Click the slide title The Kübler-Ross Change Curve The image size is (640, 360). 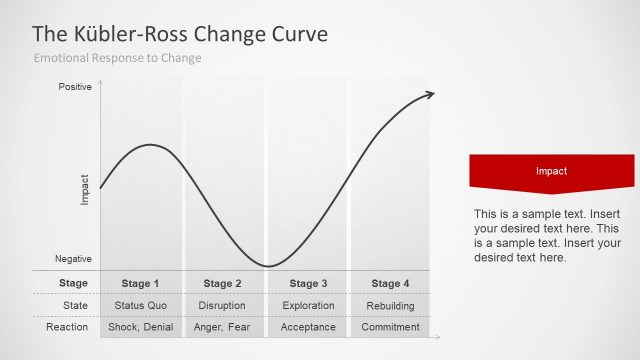tap(180, 33)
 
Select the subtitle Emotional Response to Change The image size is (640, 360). tap(118, 58)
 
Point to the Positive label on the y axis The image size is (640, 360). tap(75, 87)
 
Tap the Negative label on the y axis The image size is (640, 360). tap(74, 259)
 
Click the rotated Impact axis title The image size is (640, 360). tap(85, 191)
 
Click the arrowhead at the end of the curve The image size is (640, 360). tap(430, 94)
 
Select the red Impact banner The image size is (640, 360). tap(551, 172)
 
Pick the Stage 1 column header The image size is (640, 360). tap(141, 283)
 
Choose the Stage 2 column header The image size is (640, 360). tap(223, 283)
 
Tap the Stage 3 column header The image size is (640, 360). tap(307, 283)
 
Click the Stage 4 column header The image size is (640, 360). tap(390, 283)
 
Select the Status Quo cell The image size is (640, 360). tap(141, 305)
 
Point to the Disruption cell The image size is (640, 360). tap(223, 305)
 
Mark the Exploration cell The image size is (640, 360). tap(307, 305)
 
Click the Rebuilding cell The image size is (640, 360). tap(390, 305)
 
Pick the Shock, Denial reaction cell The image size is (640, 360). tap(141, 327)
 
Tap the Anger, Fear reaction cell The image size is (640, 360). tap(223, 327)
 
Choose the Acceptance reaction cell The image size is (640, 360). tap(307, 327)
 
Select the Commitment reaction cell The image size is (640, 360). tap(390, 327)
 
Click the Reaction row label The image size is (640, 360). tap(68, 327)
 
